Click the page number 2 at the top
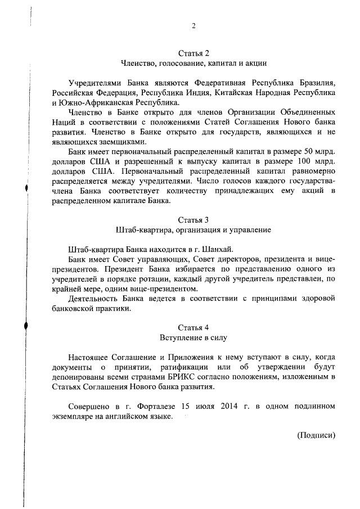click(x=193, y=26)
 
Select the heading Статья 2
click(x=193, y=54)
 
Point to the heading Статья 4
click(x=193, y=327)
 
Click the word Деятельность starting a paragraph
click(x=93, y=300)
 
